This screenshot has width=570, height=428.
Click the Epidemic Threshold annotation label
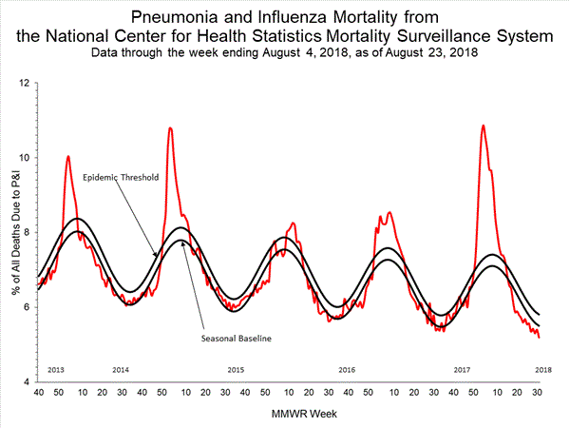(x=120, y=178)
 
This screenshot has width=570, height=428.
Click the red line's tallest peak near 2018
(x=484, y=126)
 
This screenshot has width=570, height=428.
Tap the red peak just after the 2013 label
(x=67, y=156)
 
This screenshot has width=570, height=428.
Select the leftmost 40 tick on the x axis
(x=38, y=393)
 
